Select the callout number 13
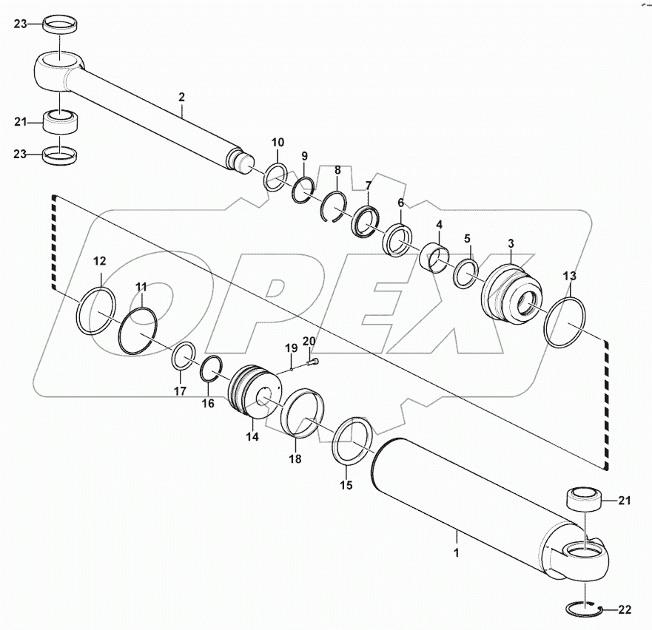click(x=569, y=276)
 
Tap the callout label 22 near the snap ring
click(x=625, y=609)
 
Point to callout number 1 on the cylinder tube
click(x=457, y=552)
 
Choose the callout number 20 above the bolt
click(x=309, y=340)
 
